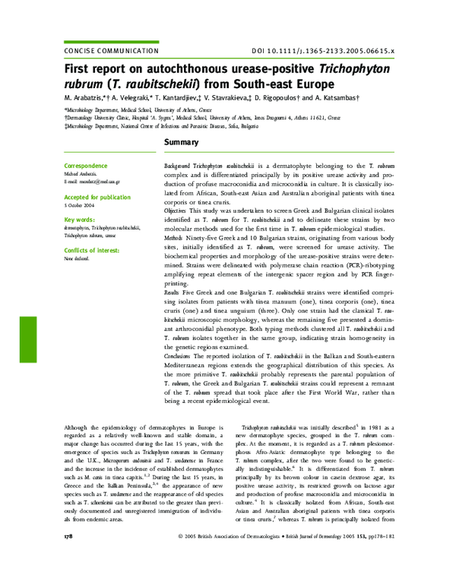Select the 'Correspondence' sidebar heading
[86, 165]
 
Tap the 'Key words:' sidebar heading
[80, 219]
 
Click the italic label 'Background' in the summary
[177, 165]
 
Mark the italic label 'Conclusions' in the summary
[178, 356]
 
